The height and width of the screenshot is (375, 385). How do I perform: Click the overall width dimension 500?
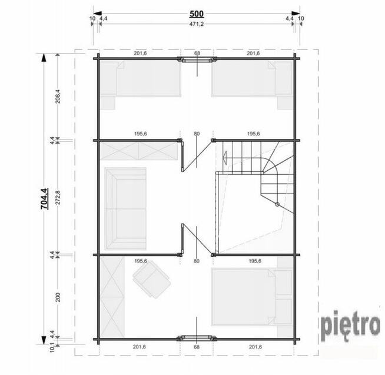197,14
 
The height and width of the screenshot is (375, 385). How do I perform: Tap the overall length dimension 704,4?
44,198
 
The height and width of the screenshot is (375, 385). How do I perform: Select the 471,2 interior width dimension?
197,24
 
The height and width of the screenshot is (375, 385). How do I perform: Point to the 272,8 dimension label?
58,197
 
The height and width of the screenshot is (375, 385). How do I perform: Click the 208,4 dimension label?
58,97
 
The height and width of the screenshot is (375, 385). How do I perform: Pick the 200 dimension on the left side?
58,297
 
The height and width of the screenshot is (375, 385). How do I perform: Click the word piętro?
351,326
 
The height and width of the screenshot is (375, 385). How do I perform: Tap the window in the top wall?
197,59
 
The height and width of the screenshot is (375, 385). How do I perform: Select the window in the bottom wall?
197,338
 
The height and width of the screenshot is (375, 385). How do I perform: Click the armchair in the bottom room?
152,279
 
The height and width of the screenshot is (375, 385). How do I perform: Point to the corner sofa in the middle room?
125,208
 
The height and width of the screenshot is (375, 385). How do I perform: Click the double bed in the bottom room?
252,297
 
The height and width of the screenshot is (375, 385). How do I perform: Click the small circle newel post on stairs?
277,204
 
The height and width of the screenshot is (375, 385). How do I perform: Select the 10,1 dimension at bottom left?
52,347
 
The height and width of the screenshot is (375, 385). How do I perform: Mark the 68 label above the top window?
197,54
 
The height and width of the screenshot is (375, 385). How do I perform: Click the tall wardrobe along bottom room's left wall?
112,297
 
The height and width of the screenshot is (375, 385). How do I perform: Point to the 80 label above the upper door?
197,134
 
